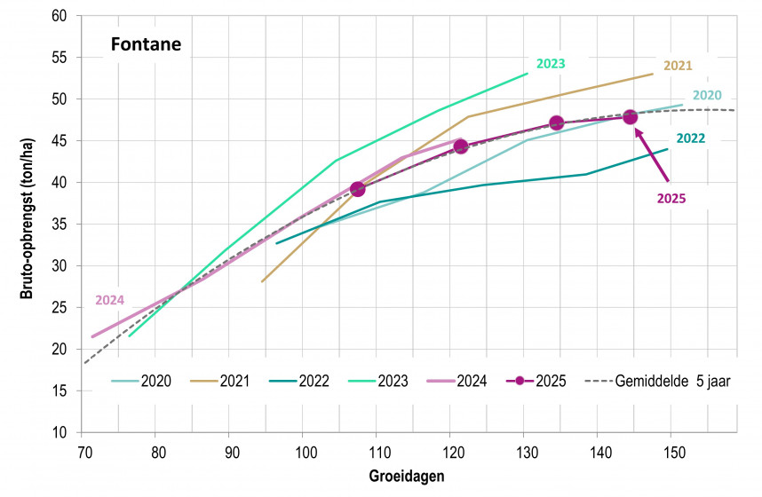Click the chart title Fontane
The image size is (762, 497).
(146, 43)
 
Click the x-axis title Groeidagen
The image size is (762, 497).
(407, 477)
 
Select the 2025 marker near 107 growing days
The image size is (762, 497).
(358, 188)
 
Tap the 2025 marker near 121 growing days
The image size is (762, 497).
(460, 146)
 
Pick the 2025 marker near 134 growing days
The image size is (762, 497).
(557, 123)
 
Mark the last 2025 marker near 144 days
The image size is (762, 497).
(631, 117)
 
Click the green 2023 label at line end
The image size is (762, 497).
(551, 63)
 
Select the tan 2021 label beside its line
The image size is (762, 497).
(678, 66)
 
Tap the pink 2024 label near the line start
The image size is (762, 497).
(110, 300)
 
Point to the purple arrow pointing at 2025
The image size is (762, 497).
(651, 155)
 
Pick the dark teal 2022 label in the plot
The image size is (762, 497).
(690, 138)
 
